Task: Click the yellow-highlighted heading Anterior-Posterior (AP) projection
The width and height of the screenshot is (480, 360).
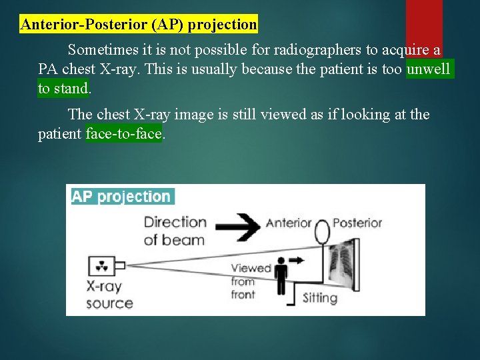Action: click(139, 25)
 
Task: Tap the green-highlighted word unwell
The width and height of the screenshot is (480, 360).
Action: click(429, 69)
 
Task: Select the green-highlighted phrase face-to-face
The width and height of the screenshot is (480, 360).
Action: click(124, 133)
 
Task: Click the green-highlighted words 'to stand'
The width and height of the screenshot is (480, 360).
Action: click(63, 88)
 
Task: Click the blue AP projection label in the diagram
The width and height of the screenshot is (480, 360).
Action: click(121, 197)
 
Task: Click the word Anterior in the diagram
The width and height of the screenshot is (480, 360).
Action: click(289, 223)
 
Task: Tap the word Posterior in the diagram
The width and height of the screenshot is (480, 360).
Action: click(357, 223)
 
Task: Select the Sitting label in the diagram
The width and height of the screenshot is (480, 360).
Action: click(320, 297)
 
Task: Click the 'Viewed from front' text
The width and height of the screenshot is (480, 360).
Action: click(251, 281)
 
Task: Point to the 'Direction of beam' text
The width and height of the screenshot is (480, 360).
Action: click(175, 231)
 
